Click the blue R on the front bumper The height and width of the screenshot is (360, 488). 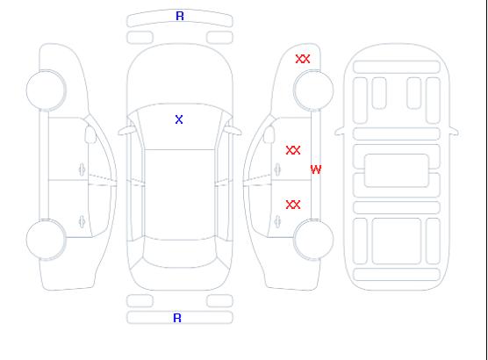180,16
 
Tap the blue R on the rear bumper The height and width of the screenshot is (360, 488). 177,318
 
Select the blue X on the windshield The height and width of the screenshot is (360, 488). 179,119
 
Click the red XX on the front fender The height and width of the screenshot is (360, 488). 303,59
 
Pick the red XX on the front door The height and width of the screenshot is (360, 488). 293,150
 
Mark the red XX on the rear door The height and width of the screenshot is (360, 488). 293,205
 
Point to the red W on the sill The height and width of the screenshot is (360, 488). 316,169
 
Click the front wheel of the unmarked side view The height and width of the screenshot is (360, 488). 46,90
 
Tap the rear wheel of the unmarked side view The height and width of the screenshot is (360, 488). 46,240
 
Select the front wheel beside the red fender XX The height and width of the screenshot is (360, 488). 313,90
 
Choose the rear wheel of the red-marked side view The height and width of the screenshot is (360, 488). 313,240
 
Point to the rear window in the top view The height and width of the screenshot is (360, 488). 180,252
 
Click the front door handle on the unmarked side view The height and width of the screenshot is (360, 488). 82,169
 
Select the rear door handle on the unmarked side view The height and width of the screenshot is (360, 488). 82,221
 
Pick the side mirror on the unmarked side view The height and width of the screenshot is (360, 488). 90,134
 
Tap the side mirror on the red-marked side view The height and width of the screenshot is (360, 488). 269,134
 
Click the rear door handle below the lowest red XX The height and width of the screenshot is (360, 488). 277,221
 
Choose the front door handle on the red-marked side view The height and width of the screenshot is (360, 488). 277,169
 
